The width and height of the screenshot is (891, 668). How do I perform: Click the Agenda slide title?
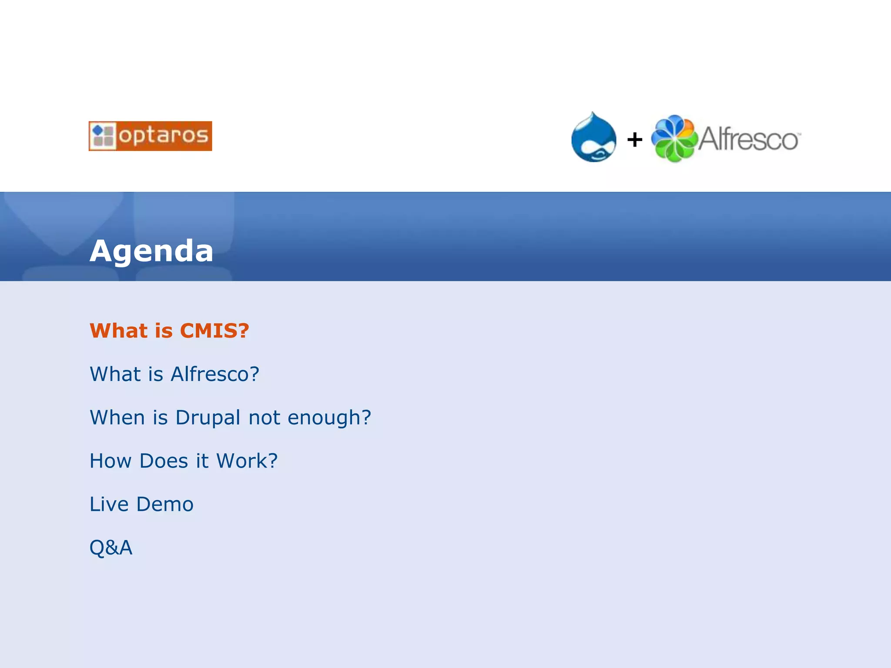(151, 251)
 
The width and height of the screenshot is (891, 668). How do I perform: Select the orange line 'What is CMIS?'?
(169, 331)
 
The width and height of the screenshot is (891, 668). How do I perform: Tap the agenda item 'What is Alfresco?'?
(174, 374)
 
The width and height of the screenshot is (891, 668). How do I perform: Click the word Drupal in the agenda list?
(208, 417)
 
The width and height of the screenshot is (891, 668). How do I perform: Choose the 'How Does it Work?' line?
(183, 461)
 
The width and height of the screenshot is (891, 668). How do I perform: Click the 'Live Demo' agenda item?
(141, 504)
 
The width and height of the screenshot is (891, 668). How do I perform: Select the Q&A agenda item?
(111, 548)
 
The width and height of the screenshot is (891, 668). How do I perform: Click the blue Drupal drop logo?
(593, 138)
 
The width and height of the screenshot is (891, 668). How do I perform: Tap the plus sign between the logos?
(635, 140)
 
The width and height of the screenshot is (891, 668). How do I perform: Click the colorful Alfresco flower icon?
(674, 139)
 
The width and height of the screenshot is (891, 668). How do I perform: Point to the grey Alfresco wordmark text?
(748, 139)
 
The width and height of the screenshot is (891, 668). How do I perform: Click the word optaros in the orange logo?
(163, 136)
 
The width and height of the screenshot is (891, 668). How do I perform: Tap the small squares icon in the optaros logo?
(103, 136)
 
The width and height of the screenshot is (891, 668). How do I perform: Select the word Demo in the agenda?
(164, 504)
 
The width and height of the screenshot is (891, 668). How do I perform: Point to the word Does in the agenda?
(163, 461)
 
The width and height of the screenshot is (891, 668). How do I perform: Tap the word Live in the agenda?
(109, 504)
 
